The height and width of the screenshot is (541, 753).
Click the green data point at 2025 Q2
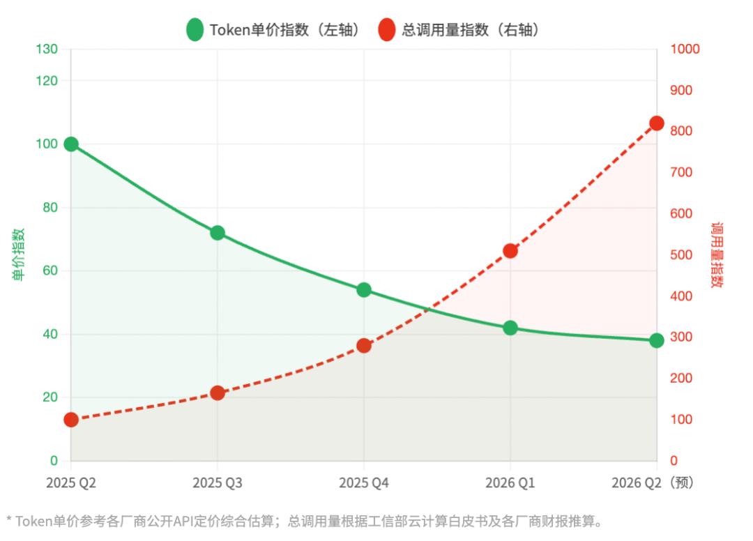tap(70, 144)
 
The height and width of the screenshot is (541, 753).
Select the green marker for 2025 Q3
tap(218, 233)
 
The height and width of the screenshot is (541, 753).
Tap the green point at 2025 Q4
tap(364, 290)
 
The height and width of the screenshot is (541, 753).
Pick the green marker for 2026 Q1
tap(510, 328)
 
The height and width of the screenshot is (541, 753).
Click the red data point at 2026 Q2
tap(657, 123)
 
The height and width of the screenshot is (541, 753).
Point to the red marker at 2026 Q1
tap(510, 251)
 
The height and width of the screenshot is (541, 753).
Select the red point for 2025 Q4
tap(364, 346)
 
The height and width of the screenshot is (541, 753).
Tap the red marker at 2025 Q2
tap(70, 420)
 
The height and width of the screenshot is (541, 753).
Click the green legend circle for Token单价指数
tap(195, 30)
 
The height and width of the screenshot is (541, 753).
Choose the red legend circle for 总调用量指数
tap(387, 30)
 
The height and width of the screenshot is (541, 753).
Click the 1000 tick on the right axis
tap(685, 49)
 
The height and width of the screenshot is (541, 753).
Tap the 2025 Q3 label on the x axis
tap(218, 482)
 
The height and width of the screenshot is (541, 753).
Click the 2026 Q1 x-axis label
tap(510, 482)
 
